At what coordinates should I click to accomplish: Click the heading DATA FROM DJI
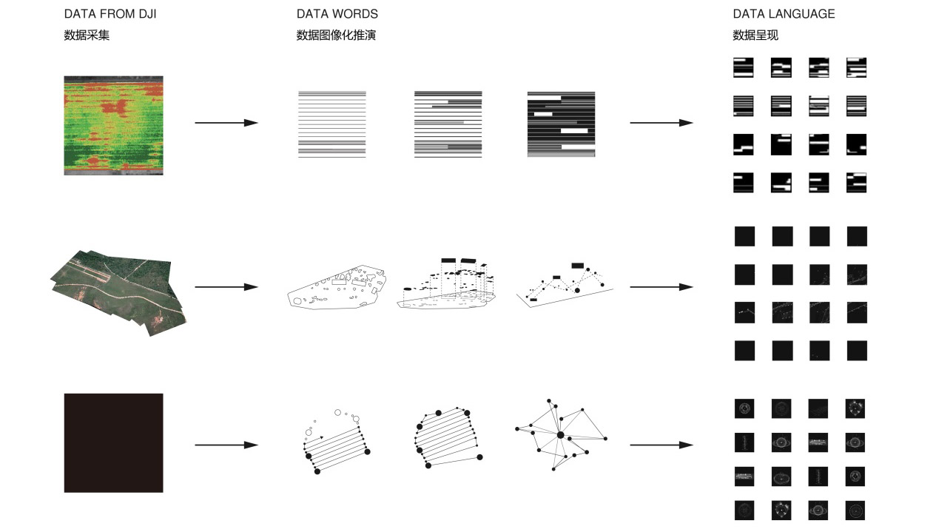pyautogui.click(x=110, y=14)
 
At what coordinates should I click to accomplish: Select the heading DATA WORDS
pyautogui.click(x=337, y=14)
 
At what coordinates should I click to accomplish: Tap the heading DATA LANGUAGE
pyautogui.click(x=784, y=14)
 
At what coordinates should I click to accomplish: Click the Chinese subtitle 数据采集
pyautogui.click(x=87, y=35)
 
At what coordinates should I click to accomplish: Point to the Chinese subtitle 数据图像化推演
pyautogui.click(x=336, y=35)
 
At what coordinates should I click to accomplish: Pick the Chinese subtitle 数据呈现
pyautogui.click(x=755, y=35)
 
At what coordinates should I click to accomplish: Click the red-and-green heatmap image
pyautogui.click(x=114, y=125)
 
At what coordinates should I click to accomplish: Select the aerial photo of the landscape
pyautogui.click(x=118, y=292)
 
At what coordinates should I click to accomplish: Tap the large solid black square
pyautogui.click(x=114, y=443)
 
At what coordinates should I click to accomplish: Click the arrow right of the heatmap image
pyautogui.click(x=226, y=123)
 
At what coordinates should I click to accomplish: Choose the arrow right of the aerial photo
pyautogui.click(x=226, y=287)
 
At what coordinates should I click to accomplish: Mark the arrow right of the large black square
pyautogui.click(x=226, y=445)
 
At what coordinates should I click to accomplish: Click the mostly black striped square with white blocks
pyautogui.click(x=561, y=124)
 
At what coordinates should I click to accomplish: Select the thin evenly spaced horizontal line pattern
pyautogui.click(x=331, y=124)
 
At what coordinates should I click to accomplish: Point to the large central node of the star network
pyautogui.click(x=561, y=436)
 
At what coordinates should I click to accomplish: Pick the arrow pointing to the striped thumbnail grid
pyautogui.click(x=661, y=123)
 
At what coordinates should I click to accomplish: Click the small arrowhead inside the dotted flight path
pyautogui.click(x=321, y=437)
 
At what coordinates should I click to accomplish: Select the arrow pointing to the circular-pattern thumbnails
pyautogui.click(x=661, y=445)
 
